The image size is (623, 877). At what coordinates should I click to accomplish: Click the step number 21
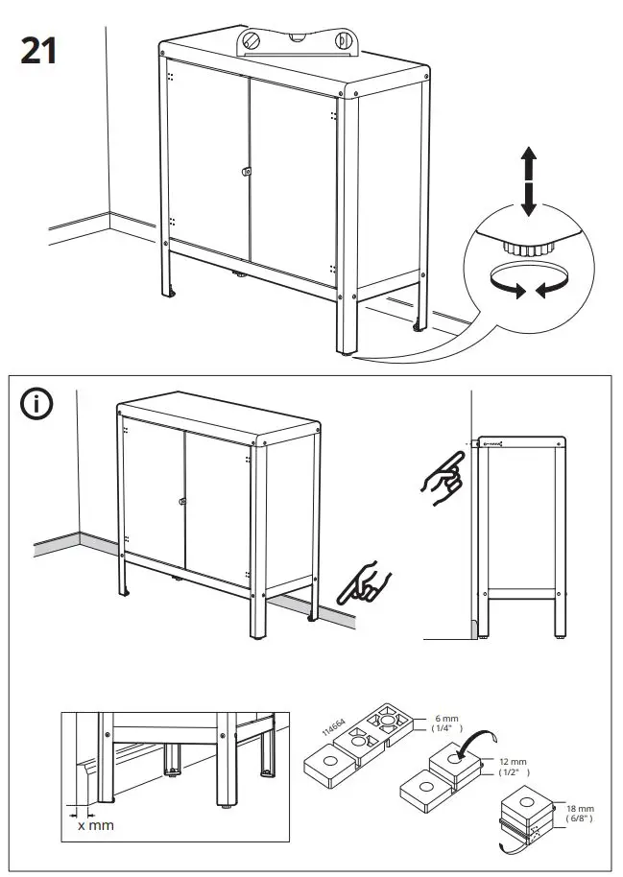pyautogui.click(x=37, y=49)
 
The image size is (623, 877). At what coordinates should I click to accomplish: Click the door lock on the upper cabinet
pyautogui.click(x=248, y=172)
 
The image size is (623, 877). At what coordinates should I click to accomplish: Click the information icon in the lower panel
pyautogui.click(x=37, y=404)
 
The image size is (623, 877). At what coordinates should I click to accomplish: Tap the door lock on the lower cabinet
pyautogui.click(x=181, y=502)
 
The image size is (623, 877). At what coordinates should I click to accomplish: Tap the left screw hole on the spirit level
pyautogui.click(x=252, y=41)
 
